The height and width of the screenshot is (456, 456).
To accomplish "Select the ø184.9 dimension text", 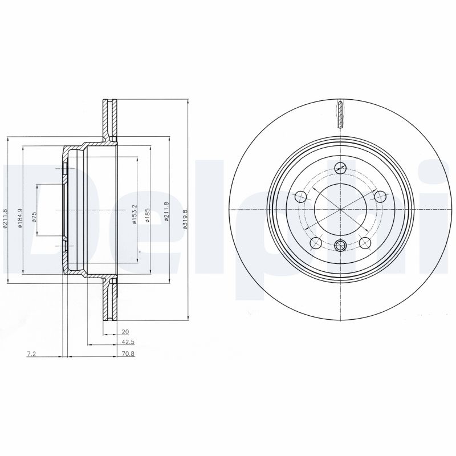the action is (x=20, y=218).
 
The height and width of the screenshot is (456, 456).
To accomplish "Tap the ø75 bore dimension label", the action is (x=34, y=217).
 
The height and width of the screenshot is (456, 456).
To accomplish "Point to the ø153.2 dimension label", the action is (x=135, y=214).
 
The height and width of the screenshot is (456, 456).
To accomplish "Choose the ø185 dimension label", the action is (x=148, y=215).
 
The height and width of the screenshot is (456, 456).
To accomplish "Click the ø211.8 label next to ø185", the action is (x=166, y=212).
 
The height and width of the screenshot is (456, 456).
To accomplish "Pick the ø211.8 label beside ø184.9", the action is (x=5, y=218).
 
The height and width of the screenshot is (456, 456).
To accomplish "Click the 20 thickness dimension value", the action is (x=125, y=331).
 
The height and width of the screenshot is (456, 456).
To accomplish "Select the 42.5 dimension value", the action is (x=128, y=343).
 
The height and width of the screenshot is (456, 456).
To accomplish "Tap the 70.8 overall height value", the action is (x=128, y=354).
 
